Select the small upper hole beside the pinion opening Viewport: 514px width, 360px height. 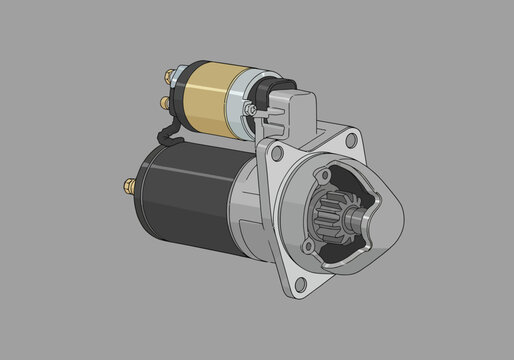coord(321,178)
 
